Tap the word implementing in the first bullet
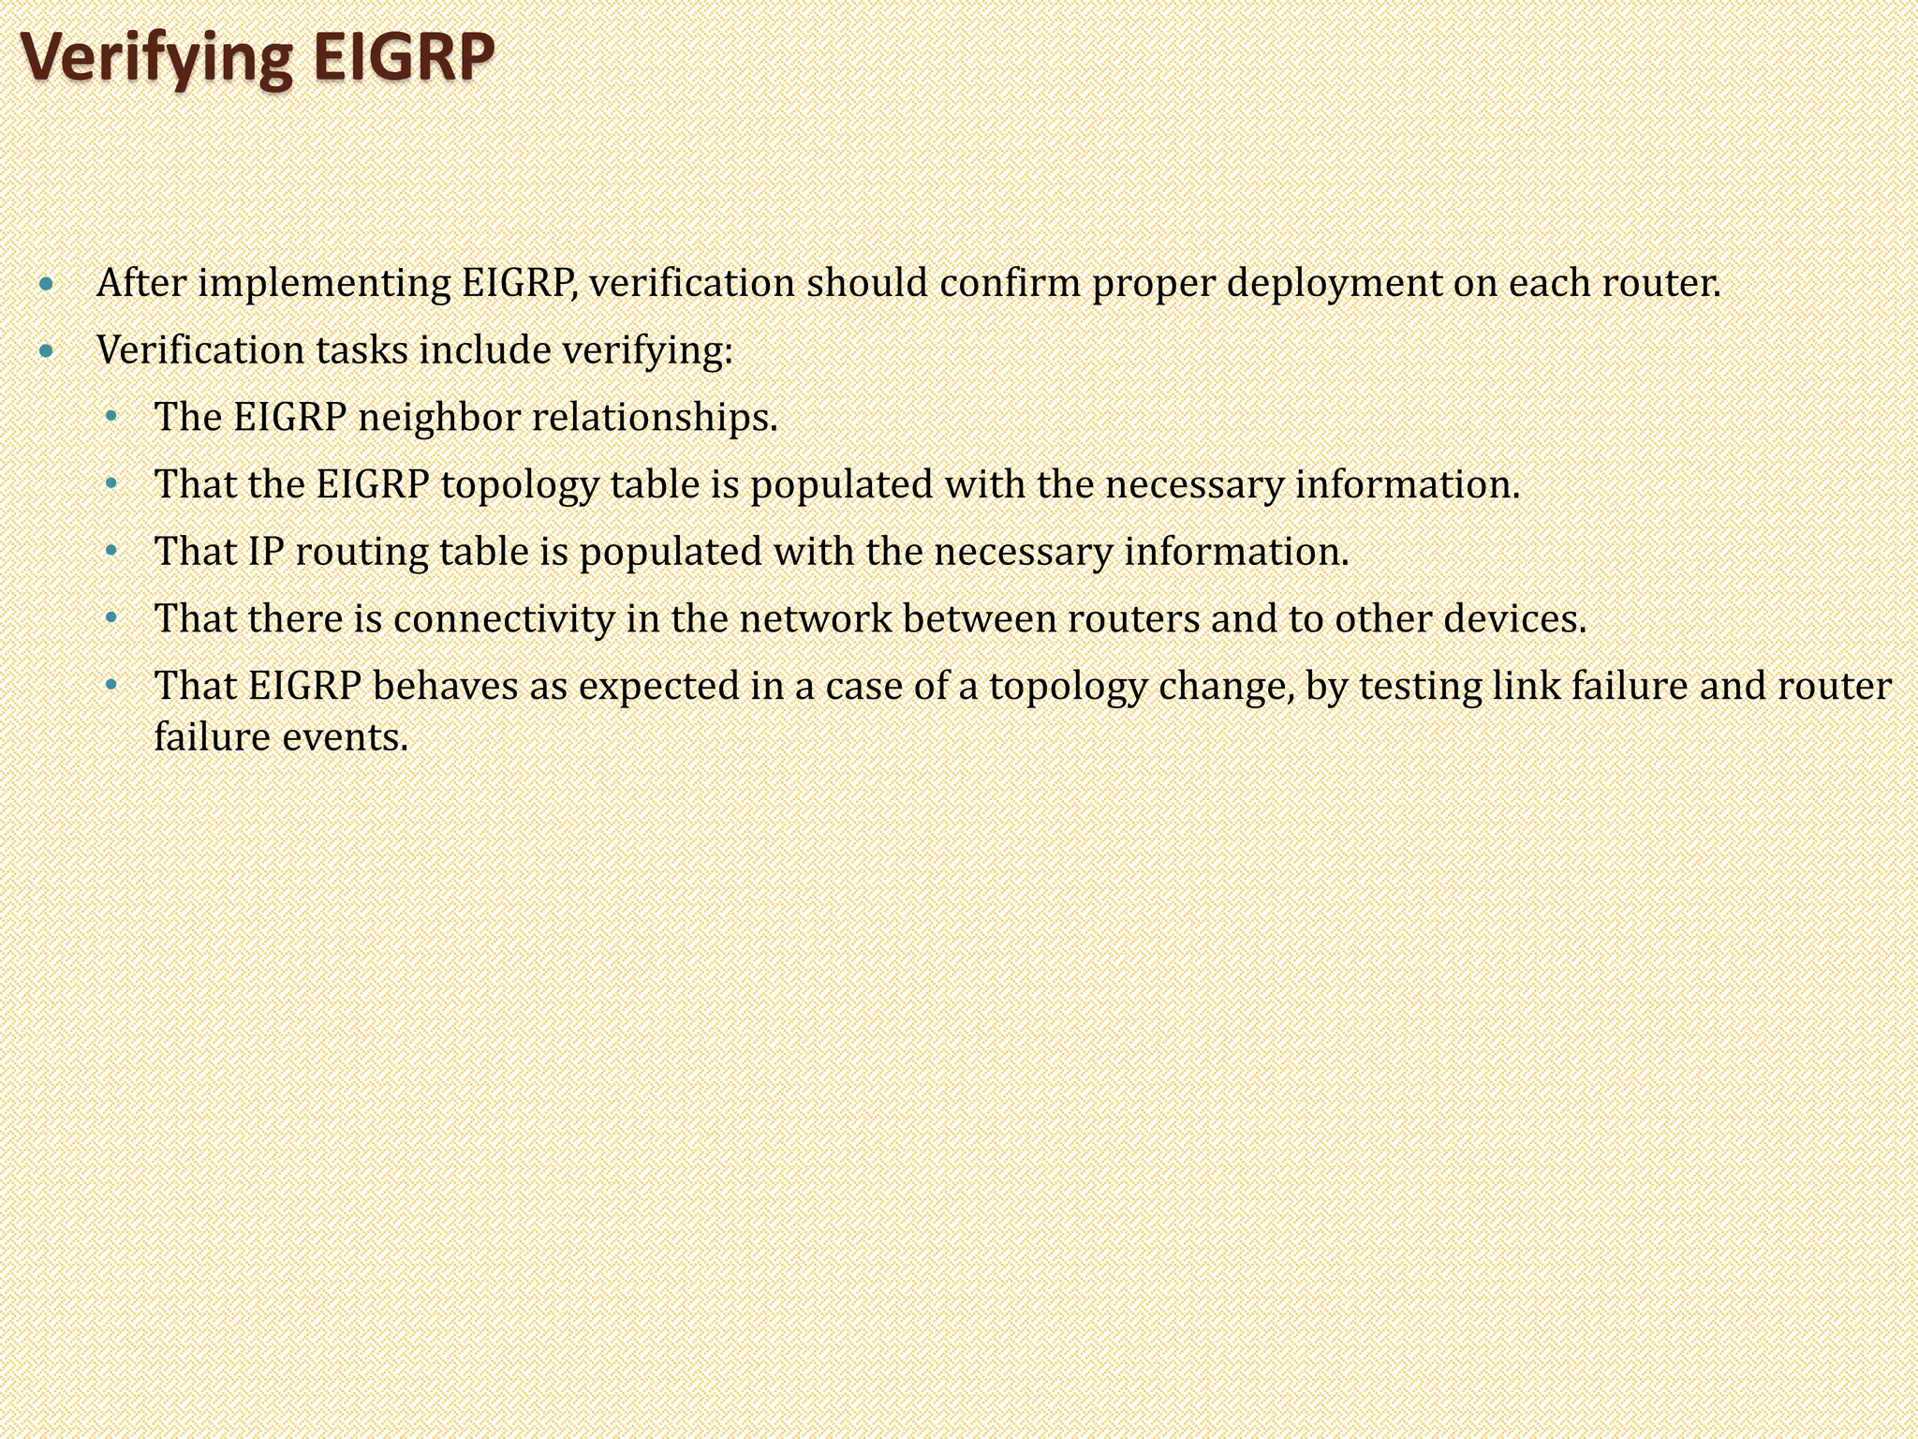(324, 284)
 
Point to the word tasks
(361, 350)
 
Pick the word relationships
(655, 418)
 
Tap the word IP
(266, 552)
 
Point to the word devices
(1515, 618)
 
